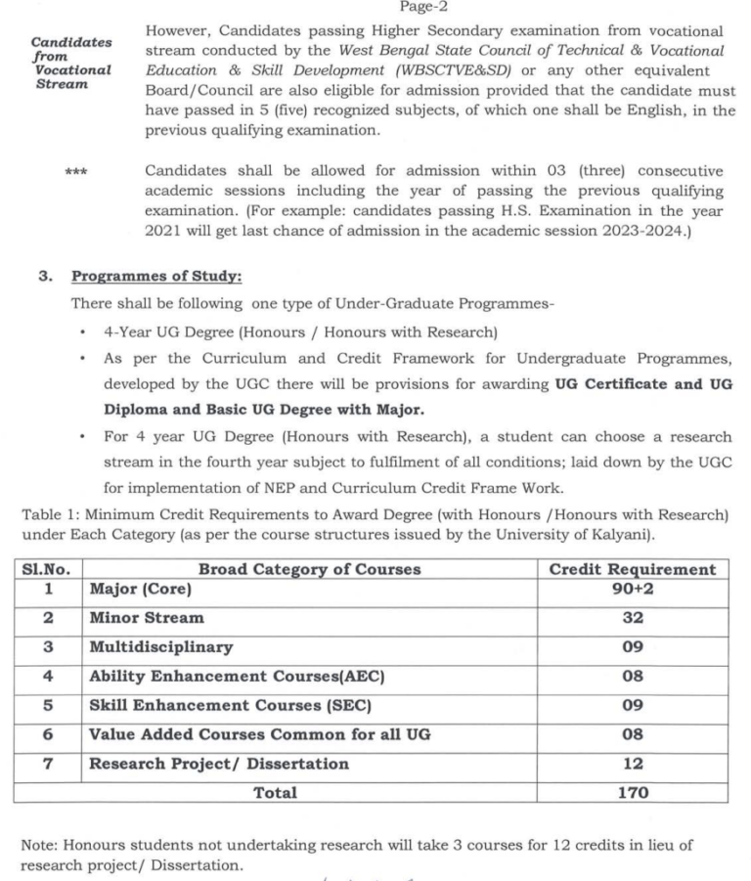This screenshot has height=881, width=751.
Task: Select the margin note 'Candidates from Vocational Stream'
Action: pyautogui.click(x=71, y=63)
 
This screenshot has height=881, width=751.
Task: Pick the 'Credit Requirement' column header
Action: pyautogui.click(x=633, y=569)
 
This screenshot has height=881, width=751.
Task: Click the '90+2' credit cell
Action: pyautogui.click(x=633, y=590)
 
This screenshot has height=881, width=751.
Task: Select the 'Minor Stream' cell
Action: pyautogui.click(x=147, y=618)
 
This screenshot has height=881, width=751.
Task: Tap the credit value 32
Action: pyautogui.click(x=633, y=618)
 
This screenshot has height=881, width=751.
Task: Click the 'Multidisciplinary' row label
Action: pyautogui.click(x=160, y=647)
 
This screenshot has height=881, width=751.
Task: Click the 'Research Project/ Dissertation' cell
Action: pyautogui.click(x=218, y=764)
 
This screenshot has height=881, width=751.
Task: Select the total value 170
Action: pyautogui.click(x=633, y=793)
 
